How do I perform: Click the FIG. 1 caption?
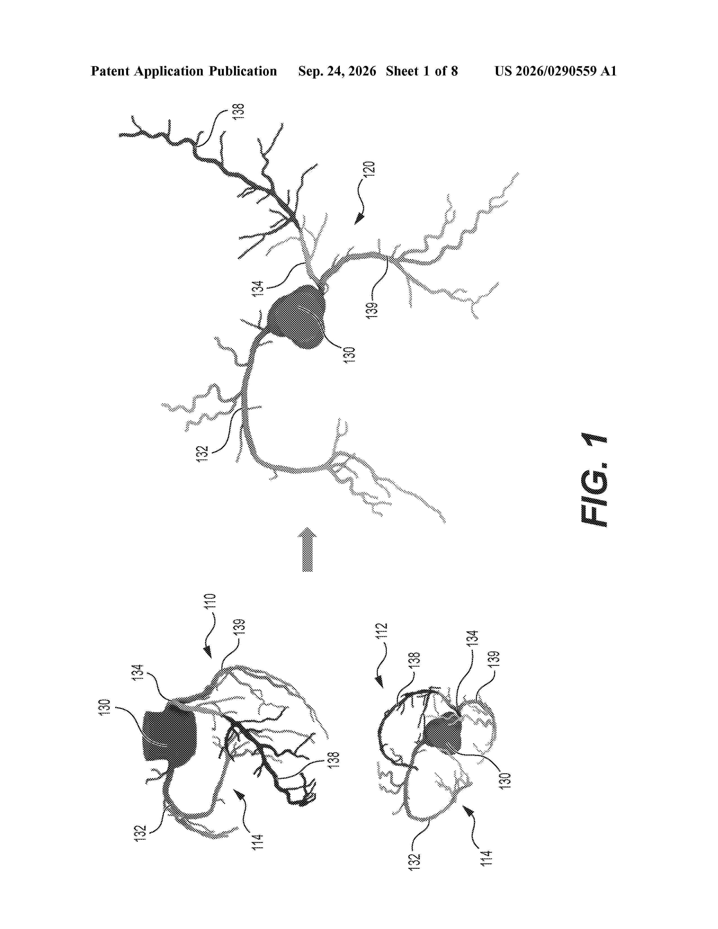tap(594, 480)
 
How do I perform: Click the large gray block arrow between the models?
tap(307, 549)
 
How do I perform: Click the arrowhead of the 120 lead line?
tap(360, 219)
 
